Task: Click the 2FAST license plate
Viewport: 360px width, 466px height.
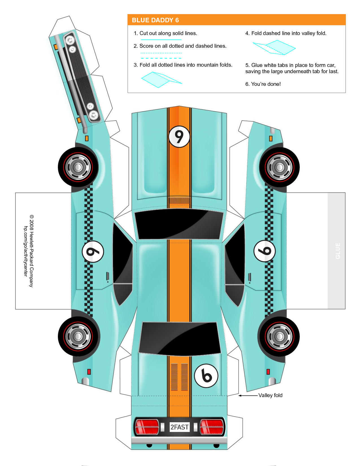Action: (179, 427)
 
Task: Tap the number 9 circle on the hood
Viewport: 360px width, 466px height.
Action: (179, 137)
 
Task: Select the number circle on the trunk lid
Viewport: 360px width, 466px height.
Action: (206, 376)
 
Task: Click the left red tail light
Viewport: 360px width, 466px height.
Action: (147, 426)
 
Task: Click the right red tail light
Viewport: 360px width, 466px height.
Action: (212, 426)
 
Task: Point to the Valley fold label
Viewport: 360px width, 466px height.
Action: (270, 395)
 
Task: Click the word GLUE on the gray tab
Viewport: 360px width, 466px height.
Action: (338, 251)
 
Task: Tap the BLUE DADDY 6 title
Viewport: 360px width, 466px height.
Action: (155, 20)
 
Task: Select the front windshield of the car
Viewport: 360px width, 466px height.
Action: (179, 224)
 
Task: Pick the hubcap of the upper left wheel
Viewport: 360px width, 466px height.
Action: (78, 167)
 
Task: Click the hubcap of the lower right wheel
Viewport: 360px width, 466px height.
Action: (279, 336)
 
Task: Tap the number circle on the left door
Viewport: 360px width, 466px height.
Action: (93, 252)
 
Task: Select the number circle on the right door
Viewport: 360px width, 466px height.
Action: (265, 251)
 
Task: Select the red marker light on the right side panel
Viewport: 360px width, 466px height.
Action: (268, 372)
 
